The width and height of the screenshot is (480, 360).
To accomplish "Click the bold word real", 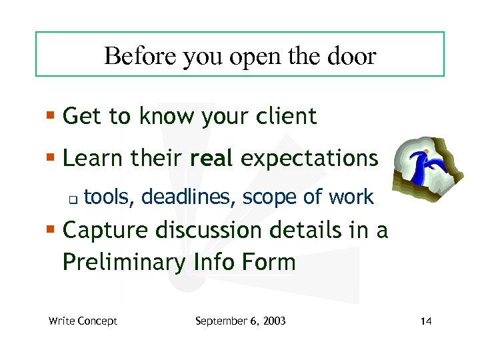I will [x=211, y=159].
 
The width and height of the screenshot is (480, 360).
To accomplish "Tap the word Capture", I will [x=106, y=231].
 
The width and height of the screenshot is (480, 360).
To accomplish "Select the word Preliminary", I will [x=124, y=262].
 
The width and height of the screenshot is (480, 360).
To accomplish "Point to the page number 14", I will [x=427, y=321].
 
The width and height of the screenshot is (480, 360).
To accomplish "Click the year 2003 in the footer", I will [x=274, y=321].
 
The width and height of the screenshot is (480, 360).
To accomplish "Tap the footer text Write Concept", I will [x=83, y=321].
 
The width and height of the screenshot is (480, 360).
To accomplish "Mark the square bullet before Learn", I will [x=52, y=159].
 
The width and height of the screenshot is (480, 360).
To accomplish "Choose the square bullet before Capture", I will [x=52, y=231].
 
